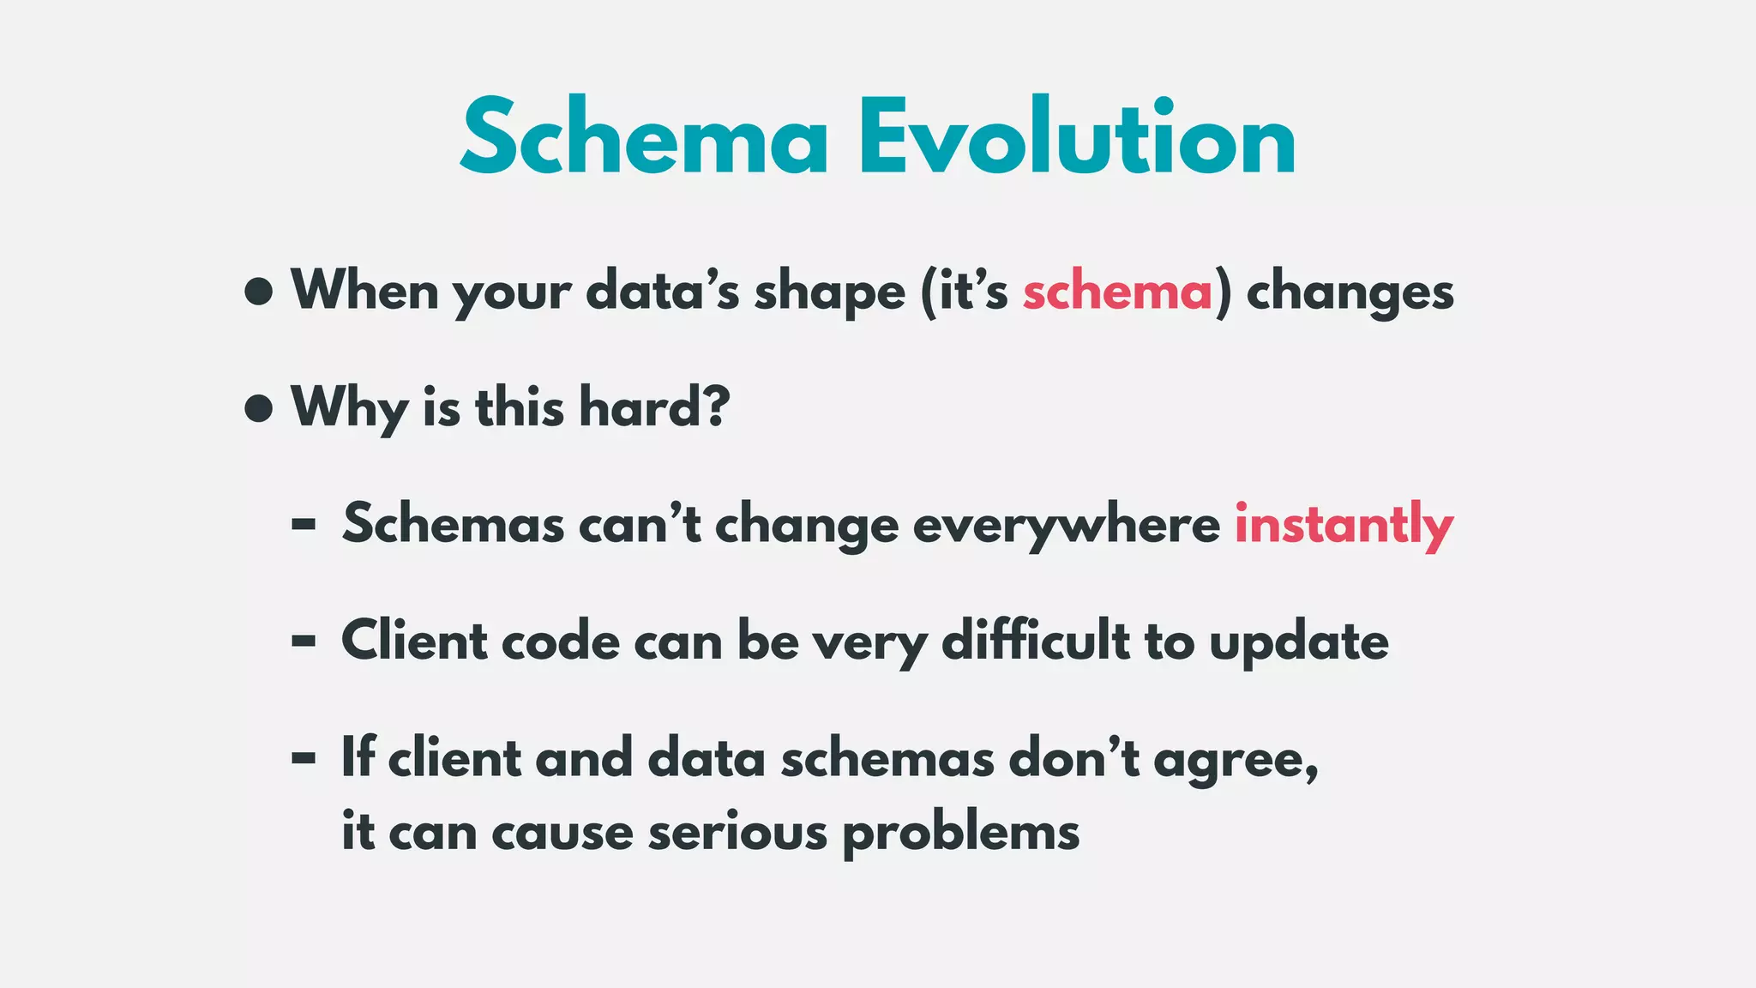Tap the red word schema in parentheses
tap(1117, 292)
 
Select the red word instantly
tap(1344, 525)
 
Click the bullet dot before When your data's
tap(258, 292)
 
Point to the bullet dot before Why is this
tap(258, 408)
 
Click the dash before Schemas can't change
tap(304, 525)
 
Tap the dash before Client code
tap(304, 641)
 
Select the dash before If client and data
tap(304, 758)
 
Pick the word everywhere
tap(1066, 525)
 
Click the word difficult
tap(1035, 641)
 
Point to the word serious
tap(737, 832)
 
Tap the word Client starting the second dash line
tap(414, 641)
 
